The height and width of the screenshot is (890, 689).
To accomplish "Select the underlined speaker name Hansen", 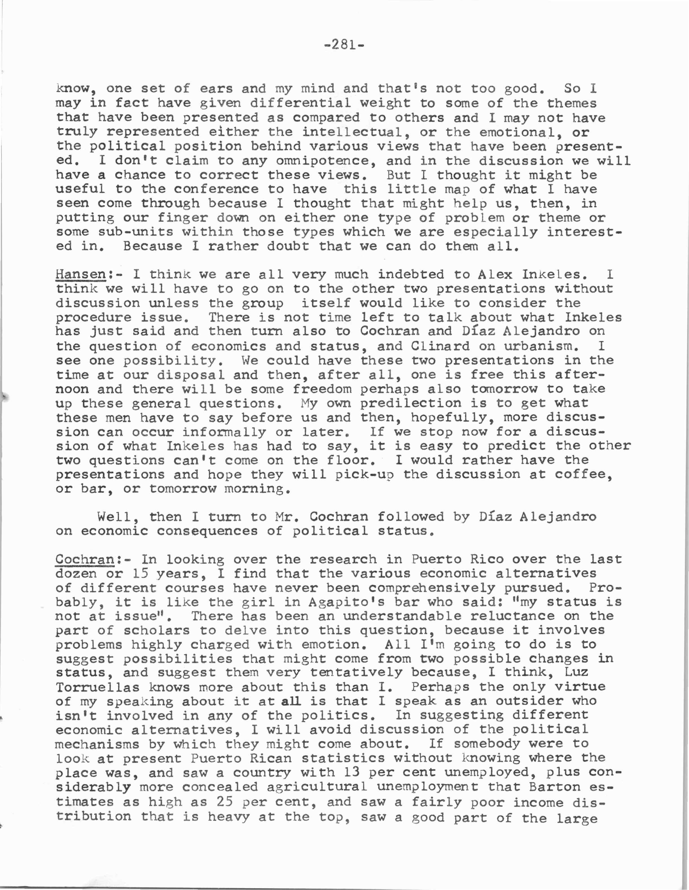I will (80, 274).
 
